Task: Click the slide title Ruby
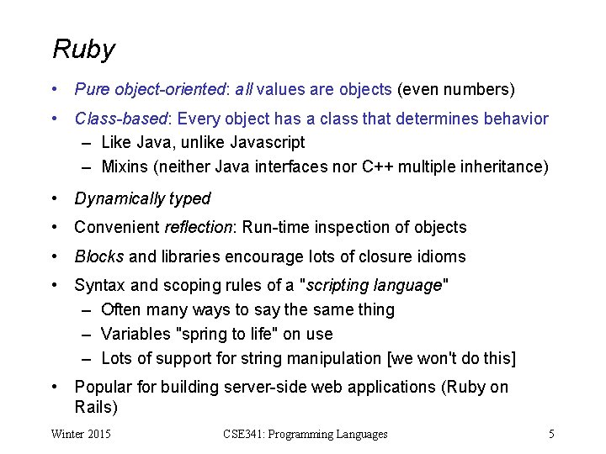83,50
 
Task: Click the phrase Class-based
122,119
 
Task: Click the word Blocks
99,257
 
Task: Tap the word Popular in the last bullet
104,388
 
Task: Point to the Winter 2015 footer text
82,435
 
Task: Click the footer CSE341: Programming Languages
306,435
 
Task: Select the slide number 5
551,435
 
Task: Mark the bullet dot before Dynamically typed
55,199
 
